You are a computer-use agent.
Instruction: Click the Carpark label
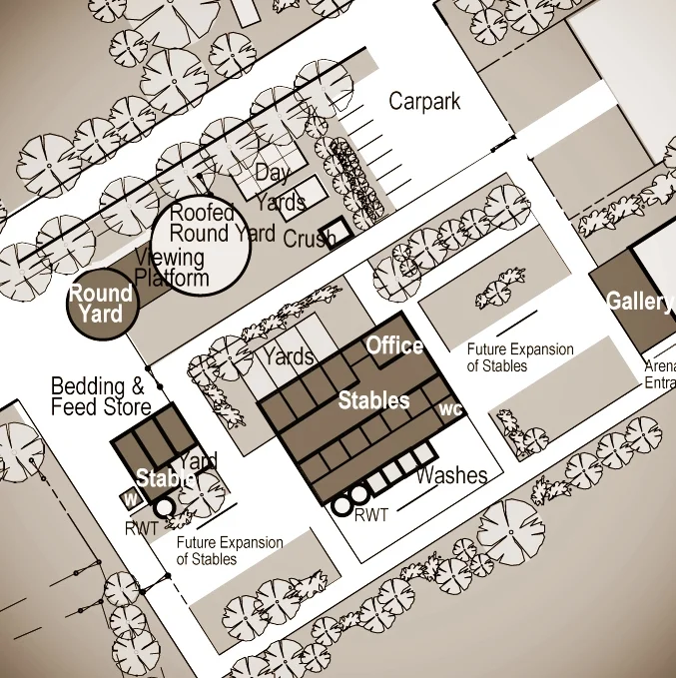(x=424, y=101)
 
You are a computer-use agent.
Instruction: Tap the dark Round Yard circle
(x=100, y=304)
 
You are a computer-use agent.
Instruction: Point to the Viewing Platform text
(x=171, y=269)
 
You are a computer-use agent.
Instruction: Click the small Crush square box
(x=338, y=232)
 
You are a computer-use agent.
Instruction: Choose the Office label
(x=394, y=345)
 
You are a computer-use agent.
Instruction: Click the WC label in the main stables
(x=450, y=409)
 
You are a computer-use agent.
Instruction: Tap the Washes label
(x=451, y=475)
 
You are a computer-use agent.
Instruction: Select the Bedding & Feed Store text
(x=100, y=396)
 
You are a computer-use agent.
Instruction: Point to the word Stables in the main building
(x=373, y=400)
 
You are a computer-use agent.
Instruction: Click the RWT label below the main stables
(x=370, y=515)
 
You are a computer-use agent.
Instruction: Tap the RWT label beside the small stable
(x=142, y=528)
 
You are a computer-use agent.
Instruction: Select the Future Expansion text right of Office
(x=520, y=357)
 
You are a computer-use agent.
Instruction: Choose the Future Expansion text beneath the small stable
(x=230, y=550)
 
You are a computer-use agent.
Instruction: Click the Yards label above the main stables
(x=289, y=355)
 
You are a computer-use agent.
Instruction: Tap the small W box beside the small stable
(x=129, y=496)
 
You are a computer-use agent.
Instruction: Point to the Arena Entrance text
(x=660, y=373)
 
